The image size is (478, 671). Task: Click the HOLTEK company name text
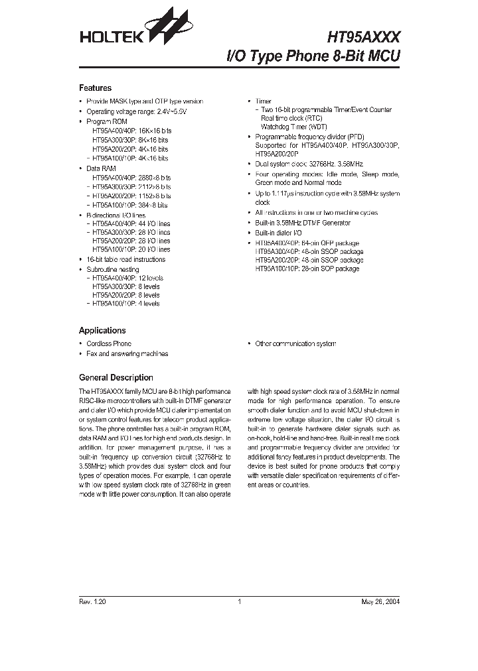tap(107, 38)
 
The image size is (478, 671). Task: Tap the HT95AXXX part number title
tap(363, 36)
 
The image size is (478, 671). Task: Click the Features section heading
tap(95, 88)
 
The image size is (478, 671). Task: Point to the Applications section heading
tap(102, 330)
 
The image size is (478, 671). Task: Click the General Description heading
tap(116, 377)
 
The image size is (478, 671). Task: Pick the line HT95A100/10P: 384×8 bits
tap(130, 206)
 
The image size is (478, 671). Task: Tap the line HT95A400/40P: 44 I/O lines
tap(131, 224)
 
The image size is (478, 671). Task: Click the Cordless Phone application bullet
tap(109, 343)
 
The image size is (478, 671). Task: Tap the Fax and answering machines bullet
tap(127, 353)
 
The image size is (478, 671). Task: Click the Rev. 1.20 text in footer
tap(92, 602)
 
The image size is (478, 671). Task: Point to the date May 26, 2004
tap(380, 602)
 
